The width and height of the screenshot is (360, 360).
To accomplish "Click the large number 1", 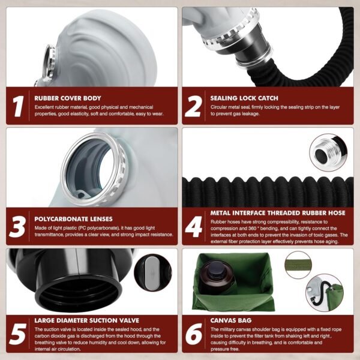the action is click(19, 106).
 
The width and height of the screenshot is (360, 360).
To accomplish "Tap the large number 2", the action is click(194, 106).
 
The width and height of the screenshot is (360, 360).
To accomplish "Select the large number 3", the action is click(17, 227).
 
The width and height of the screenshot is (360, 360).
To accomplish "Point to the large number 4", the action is click(194, 227).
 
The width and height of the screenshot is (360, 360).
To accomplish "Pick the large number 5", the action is click(17, 334).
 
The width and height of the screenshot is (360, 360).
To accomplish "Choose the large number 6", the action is click(194, 334).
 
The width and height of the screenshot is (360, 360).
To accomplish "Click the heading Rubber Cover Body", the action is click(68, 98).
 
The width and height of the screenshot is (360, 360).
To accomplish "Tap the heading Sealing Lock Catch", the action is click(244, 98).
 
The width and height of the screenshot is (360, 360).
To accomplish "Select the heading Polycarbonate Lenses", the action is click(73, 219).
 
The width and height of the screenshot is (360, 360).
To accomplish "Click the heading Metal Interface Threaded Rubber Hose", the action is click(278, 213).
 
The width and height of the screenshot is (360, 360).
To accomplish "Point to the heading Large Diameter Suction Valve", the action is click(87, 320).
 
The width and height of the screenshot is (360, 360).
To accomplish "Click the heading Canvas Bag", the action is click(231, 320).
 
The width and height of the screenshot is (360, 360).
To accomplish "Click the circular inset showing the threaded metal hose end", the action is click(328, 152).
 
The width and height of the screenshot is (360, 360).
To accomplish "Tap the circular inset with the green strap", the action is click(298, 265).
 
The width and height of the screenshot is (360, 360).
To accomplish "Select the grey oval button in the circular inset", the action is click(151, 273).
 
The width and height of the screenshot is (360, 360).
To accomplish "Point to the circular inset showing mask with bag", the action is click(325, 293).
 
